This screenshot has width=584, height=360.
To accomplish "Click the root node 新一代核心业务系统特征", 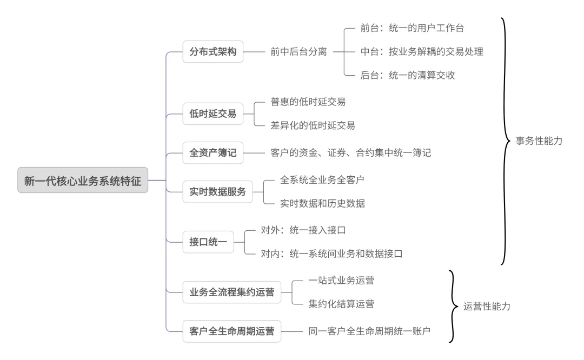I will click(x=83, y=180).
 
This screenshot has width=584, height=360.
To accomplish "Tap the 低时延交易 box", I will click(x=213, y=114).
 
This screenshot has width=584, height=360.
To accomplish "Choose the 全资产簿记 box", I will click(x=213, y=153).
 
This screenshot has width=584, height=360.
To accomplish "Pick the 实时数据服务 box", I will click(x=218, y=191).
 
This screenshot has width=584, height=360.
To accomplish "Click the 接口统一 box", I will click(x=208, y=242).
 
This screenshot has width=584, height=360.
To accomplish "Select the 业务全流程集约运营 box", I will click(x=232, y=293).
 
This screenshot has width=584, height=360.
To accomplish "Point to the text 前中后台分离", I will click(x=298, y=52).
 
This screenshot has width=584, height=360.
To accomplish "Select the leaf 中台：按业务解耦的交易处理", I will click(x=421, y=52).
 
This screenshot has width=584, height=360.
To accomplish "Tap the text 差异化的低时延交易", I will click(x=313, y=125).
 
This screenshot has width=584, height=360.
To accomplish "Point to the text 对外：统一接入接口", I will click(x=303, y=230).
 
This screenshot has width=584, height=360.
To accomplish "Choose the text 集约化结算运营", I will click(x=341, y=304).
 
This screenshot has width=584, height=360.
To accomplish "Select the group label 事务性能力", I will click(x=539, y=141).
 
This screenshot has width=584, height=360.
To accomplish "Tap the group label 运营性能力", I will click(x=487, y=306).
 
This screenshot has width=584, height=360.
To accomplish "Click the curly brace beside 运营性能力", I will click(x=452, y=306).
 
